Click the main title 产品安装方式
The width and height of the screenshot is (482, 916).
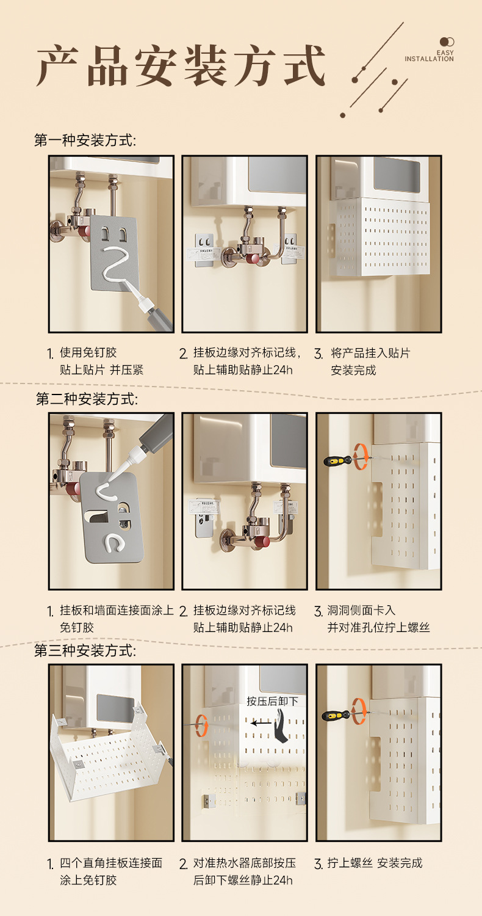(181, 66)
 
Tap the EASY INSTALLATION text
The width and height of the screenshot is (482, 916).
(429, 56)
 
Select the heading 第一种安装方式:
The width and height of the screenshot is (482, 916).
(85, 140)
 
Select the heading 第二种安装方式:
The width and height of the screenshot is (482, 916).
(87, 399)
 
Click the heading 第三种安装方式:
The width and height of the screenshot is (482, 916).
(85, 650)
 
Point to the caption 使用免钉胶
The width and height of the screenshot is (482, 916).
(88, 352)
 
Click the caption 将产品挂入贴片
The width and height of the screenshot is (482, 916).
(370, 353)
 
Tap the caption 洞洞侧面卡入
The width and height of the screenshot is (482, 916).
(361, 610)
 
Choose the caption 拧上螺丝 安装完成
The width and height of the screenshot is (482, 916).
(375, 863)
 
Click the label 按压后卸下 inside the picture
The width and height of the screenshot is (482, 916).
(272, 701)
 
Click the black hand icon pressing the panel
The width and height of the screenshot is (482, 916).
(281, 726)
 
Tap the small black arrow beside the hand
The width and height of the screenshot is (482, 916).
(261, 723)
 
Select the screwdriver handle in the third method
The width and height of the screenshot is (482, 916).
(336, 716)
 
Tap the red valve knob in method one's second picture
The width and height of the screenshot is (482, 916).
(254, 259)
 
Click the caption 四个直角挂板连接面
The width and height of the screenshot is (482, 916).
(111, 863)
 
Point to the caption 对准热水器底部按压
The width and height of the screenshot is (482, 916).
(244, 863)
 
